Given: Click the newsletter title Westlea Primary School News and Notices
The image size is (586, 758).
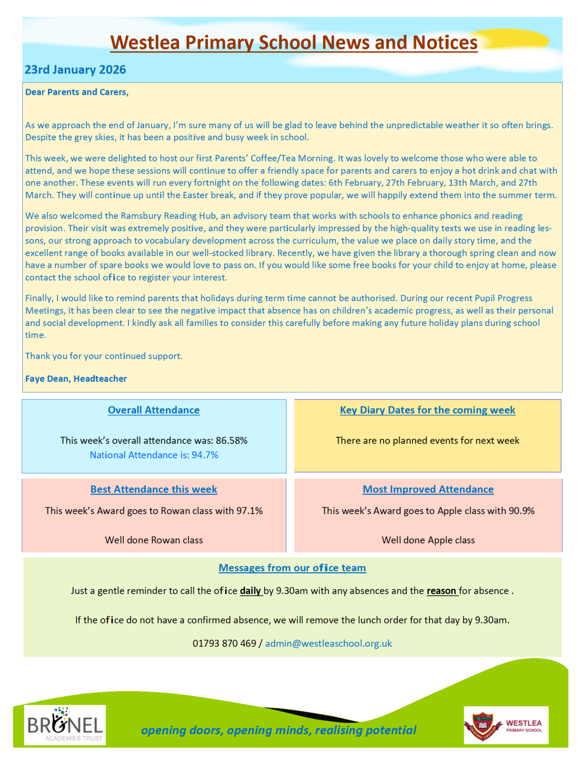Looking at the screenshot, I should pyautogui.click(x=293, y=43).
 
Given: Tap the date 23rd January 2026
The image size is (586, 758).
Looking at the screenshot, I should pyautogui.click(x=75, y=70).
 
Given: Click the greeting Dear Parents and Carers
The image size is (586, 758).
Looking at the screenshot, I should pyautogui.click(x=77, y=92).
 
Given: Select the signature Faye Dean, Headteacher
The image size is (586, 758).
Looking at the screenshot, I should pyautogui.click(x=76, y=379).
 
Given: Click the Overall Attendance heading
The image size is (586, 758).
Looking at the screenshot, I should pyautogui.click(x=154, y=410).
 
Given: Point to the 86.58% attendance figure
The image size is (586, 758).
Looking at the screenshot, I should pyautogui.click(x=232, y=441).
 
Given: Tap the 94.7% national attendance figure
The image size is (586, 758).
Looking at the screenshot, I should pyautogui.click(x=205, y=455).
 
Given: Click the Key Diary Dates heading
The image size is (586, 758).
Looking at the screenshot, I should pyautogui.click(x=427, y=410).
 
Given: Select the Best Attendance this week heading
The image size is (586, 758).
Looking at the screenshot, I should pyautogui.click(x=154, y=489).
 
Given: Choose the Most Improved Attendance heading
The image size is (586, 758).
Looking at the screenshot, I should pyautogui.click(x=428, y=489).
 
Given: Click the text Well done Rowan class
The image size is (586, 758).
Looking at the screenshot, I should pyautogui.click(x=154, y=540).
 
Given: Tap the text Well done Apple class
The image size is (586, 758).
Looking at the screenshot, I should pyautogui.click(x=428, y=540).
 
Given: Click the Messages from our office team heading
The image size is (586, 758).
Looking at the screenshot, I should pyautogui.click(x=292, y=568).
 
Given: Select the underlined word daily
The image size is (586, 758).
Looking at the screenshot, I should pyautogui.click(x=250, y=591).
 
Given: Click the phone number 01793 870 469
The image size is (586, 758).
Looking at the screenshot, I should pyautogui.click(x=224, y=643).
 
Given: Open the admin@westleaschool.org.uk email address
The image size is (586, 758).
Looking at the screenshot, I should pyautogui.click(x=329, y=643).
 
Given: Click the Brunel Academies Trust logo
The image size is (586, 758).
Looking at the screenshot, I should pyautogui.click(x=65, y=725).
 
